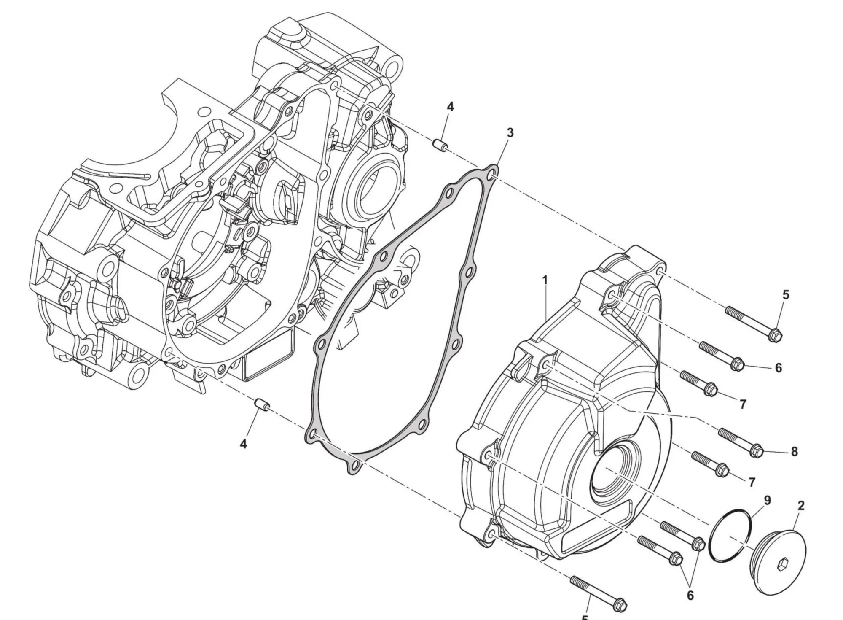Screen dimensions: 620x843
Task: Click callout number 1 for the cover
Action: pos(545,280)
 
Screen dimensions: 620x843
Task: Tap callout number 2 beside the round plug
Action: pos(801,505)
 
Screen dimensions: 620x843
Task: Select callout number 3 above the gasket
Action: pos(510,133)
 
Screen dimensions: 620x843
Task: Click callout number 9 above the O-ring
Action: pos(767,500)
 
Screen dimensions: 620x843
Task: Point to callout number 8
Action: pos(794,452)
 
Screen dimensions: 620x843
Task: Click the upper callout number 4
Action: pos(450,107)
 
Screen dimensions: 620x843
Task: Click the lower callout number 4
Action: pos(243,444)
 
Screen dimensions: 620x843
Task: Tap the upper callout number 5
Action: pos(785,295)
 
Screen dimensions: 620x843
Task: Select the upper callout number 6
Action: pos(778,368)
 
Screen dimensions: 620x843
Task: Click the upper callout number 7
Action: pos(743,404)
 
